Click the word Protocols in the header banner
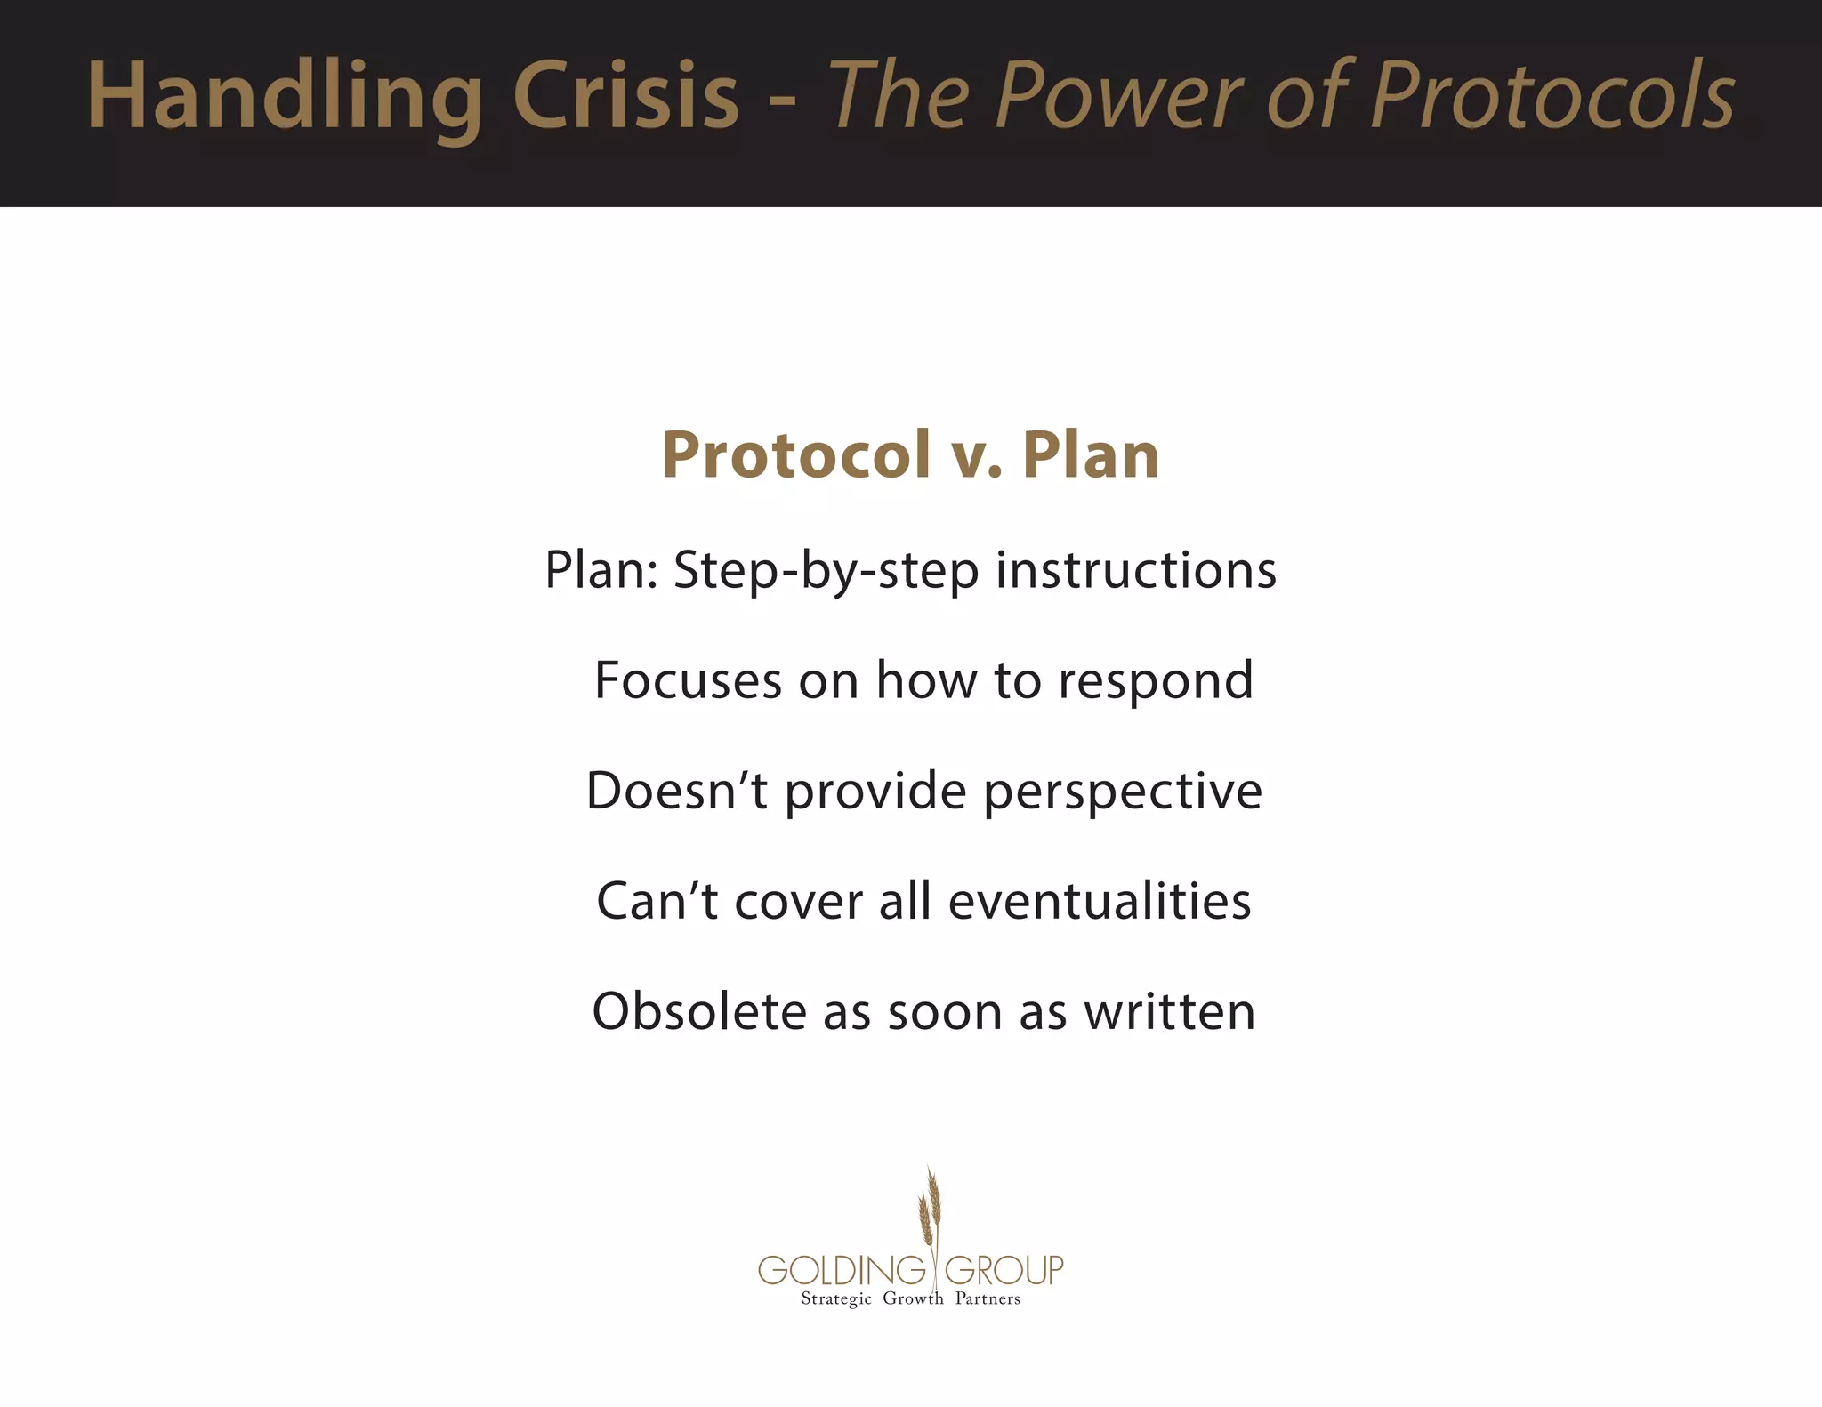tap(1552, 94)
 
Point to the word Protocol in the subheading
tap(795, 455)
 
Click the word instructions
tap(1135, 569)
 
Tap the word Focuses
tap(688, 680)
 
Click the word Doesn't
tap(676, 791)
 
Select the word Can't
tap(657, 901)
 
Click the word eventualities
tap(1099, 901)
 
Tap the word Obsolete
tap(699, 1012)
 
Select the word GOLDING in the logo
tap(842, 1270)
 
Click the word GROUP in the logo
tap(1004, 1270)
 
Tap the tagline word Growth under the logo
tap(913, 1299)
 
